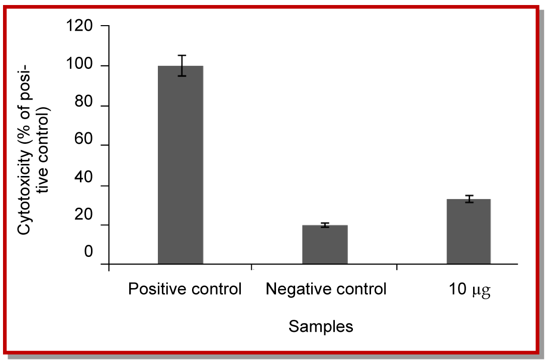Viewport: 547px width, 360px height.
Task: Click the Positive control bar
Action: tap(180, 164)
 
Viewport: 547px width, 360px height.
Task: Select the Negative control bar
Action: tap(325, 244)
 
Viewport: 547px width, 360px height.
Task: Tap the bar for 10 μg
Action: tap(469, 231)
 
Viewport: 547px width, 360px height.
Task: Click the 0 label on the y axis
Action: tap(88, 251)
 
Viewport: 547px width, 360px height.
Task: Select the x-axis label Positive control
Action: tap(185, 290)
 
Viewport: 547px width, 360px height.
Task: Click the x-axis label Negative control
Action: tap(326, 290)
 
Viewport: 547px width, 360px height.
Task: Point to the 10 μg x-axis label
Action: tap(470, 291)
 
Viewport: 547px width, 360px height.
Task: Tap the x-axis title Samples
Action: tap(321, 327)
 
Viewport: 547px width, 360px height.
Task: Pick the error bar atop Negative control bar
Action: tap(325, 225)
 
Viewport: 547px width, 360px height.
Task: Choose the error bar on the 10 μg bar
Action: tap(469, 199)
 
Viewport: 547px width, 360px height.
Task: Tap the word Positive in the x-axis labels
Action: tap(152, 290)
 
